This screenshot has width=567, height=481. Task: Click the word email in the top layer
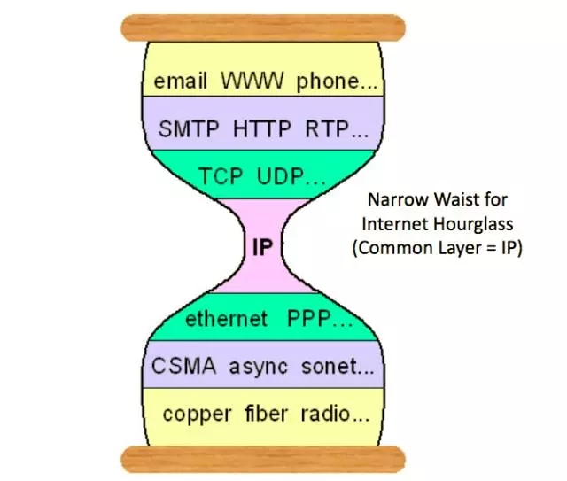182,81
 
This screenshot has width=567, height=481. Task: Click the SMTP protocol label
191,130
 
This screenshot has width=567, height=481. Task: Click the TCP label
223,176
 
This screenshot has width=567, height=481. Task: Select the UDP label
283,176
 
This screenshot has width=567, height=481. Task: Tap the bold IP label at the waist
262,249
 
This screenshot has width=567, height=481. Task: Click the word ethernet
225,319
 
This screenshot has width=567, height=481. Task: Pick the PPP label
309,319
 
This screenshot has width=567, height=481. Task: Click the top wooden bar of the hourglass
262,27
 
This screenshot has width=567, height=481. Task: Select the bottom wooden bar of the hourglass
262,458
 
